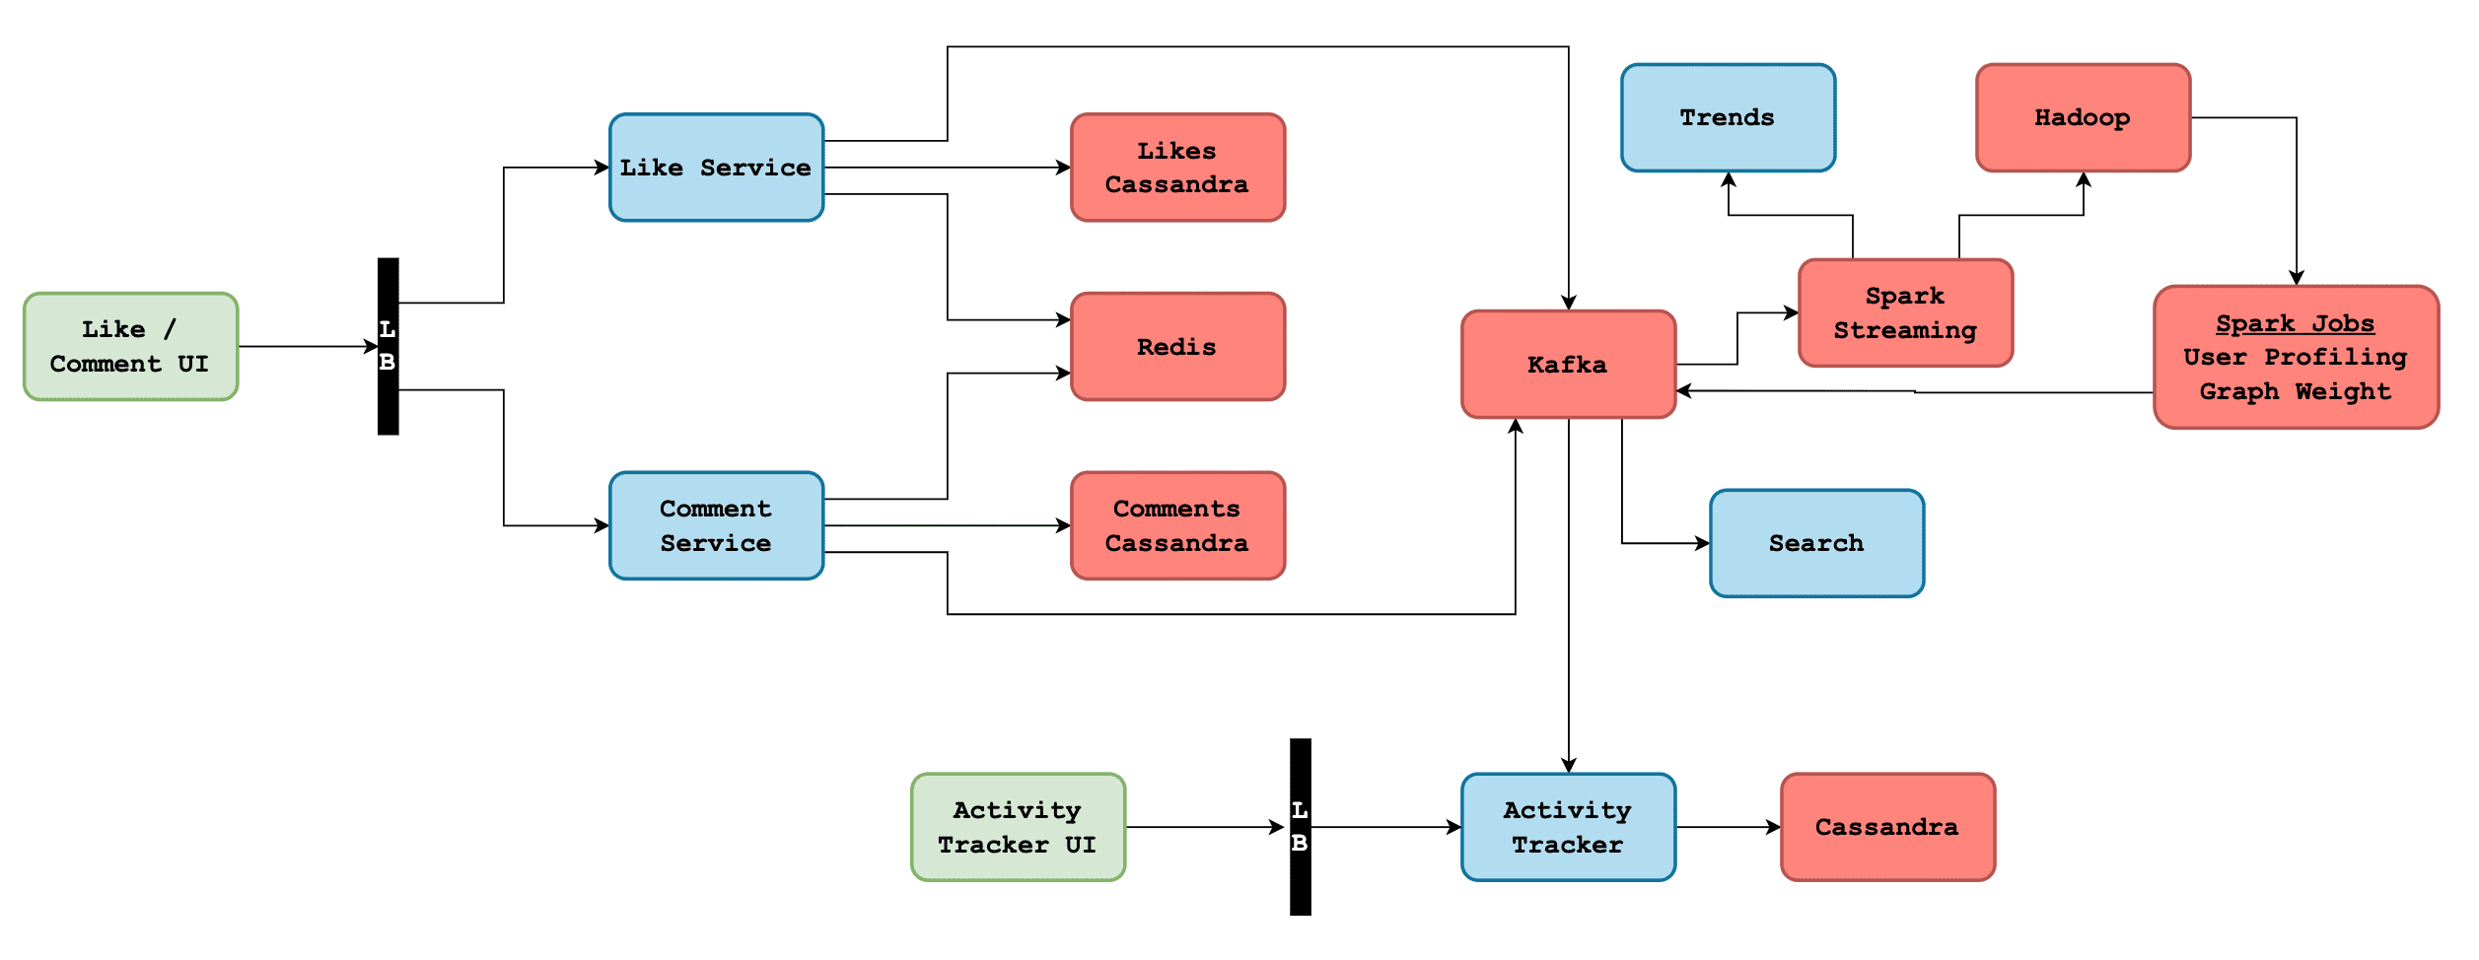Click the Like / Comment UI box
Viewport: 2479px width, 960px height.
(131, 346)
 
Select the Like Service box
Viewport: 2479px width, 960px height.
(716, 168)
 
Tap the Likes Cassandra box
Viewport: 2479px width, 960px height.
(1177, 168)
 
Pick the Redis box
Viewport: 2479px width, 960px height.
(1177, 346)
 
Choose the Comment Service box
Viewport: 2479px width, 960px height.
(716, 525)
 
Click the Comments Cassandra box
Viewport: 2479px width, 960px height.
(1177, 525)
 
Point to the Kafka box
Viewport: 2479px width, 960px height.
(1568, 365)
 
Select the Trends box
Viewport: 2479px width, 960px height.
(1728, 118)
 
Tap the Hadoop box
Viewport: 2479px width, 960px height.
(2083, 118)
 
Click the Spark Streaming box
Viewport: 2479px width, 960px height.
(1905, 313)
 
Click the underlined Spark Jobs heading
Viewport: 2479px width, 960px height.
(2295, 323)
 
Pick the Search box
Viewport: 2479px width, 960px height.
(1816, 543)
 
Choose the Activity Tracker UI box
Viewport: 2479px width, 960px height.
(1018, 827)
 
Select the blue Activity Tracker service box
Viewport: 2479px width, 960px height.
(1568, 827)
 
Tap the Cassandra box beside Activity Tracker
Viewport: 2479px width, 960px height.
(1887, 827)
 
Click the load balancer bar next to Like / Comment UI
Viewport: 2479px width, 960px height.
(389, 346)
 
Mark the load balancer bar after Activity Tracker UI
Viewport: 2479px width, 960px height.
(1301, 827)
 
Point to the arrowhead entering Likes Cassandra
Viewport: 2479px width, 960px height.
(1064, 168)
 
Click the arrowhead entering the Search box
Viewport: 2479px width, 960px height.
(1703, 543)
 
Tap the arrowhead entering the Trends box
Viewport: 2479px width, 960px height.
(1729, 179)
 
